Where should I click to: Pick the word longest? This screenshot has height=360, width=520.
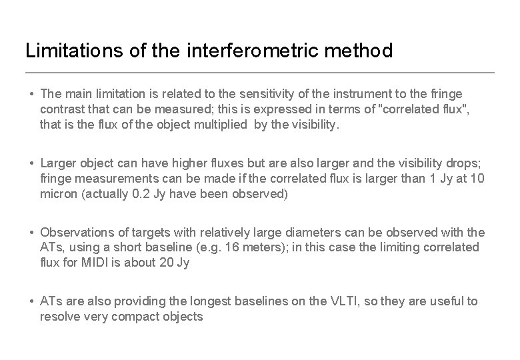pyautogui.click(x=210, y=301)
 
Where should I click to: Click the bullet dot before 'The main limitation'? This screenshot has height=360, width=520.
pyautogui.click(x=31, y=94)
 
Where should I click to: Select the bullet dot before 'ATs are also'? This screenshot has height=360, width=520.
pyautogui.click(x=31, y=301)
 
